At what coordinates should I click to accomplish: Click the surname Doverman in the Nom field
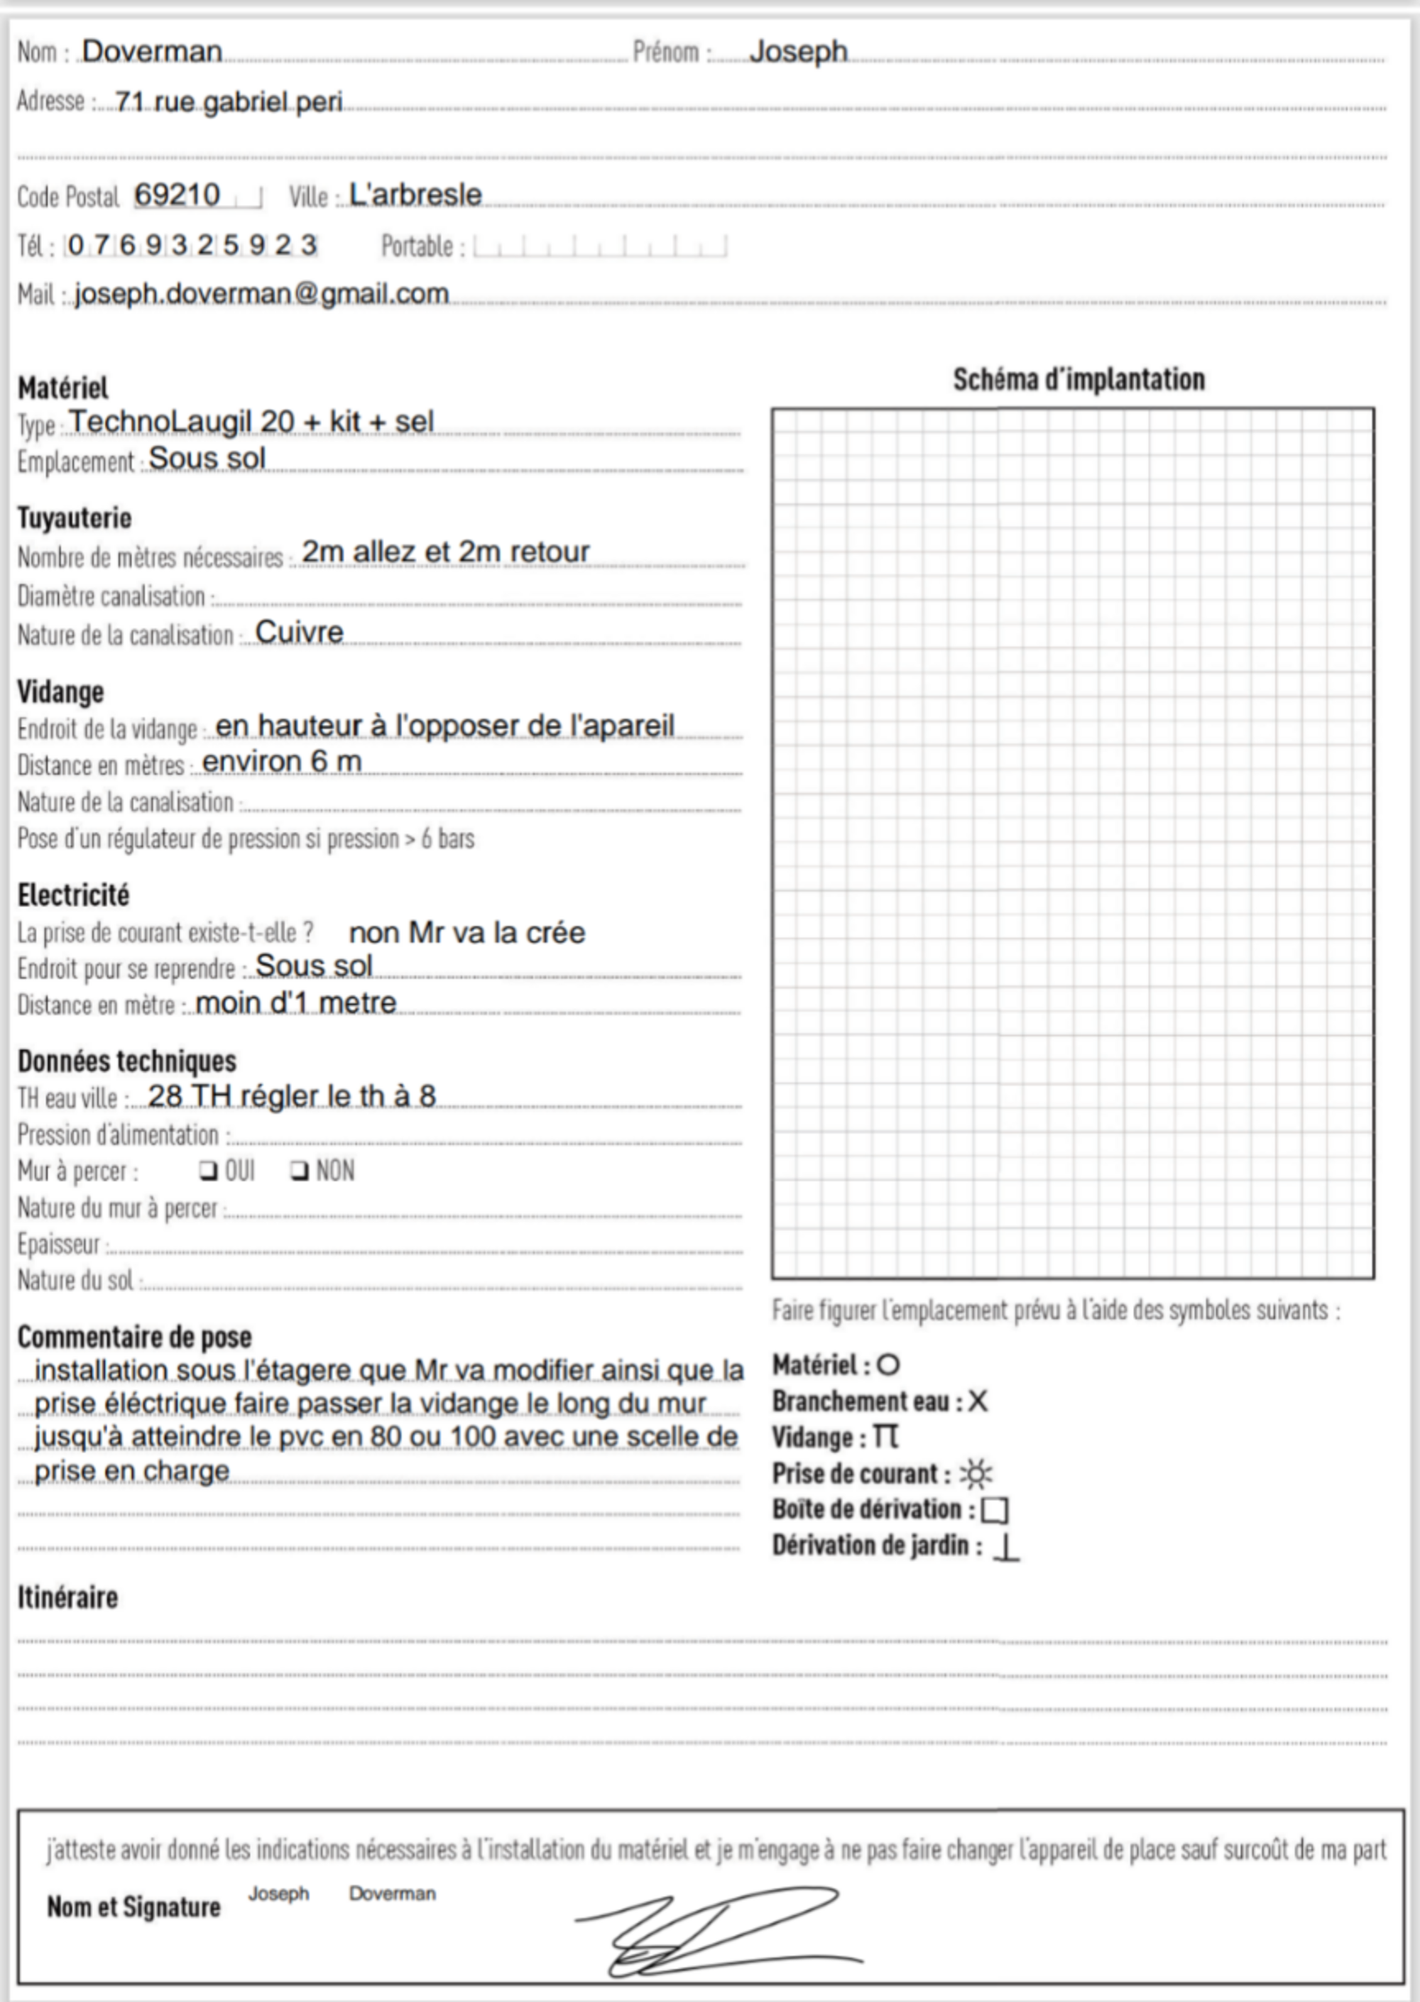point(151,52)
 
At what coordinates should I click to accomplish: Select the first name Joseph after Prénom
point(797,52)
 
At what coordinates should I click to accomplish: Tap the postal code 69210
point(177,195)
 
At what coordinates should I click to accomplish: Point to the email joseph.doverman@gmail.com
point(261,294)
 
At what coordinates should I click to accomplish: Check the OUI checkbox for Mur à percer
point(208,1170)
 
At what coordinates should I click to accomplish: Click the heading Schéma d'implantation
point(1078,379)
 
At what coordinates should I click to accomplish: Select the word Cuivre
point(299,632)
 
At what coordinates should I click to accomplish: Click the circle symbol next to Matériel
point(887,1364)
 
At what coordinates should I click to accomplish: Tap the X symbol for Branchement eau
point(978,1401)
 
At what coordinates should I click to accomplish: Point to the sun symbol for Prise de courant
point(976,1475)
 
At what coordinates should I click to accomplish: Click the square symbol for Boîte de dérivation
point(995,1511)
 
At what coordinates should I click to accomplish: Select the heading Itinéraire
point(67,1598)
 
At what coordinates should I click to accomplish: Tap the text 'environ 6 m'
point(282,762)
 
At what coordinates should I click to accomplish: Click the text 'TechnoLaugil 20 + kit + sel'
point(251,422)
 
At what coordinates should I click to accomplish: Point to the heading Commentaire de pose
point(135,1338)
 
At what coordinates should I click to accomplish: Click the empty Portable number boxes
point(600,246)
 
